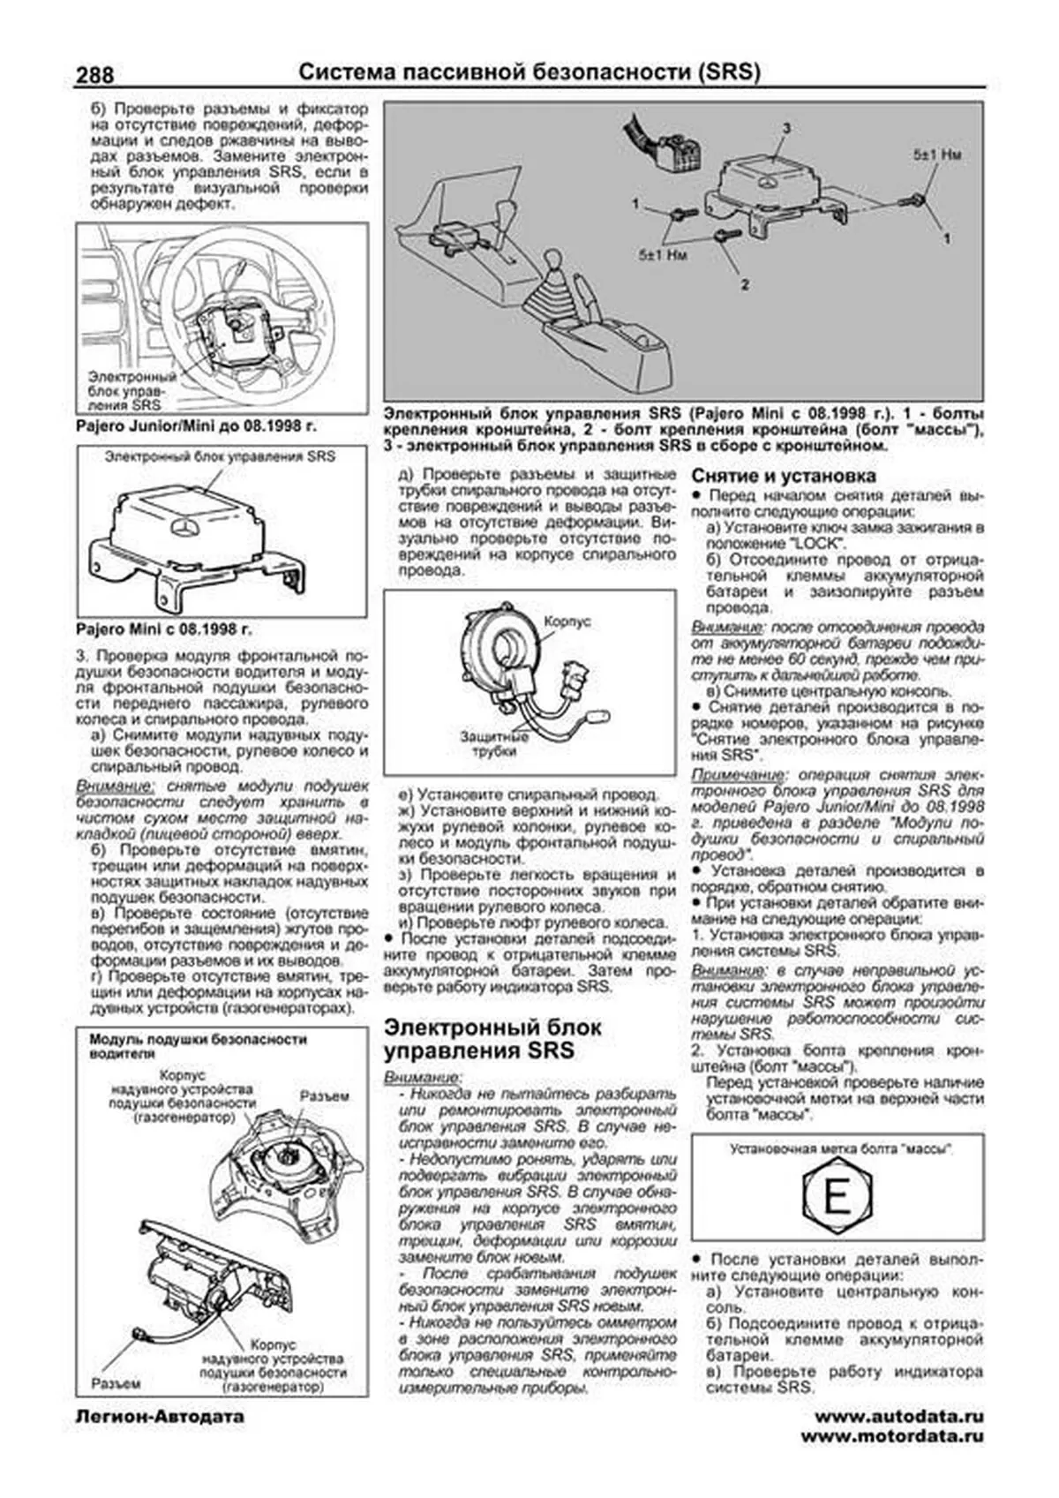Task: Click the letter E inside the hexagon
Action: tap(836, 1199)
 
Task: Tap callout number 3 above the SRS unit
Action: tap(785, 129)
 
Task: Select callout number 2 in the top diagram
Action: tap(745, 284)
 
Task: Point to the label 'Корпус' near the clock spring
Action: tap(567, 621)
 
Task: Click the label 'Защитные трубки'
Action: tap(493, 743)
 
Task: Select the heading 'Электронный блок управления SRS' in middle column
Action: tap(493, 1039)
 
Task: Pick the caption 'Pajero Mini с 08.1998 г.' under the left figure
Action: tap(163, 630)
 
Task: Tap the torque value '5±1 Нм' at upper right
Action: tap(936, 154)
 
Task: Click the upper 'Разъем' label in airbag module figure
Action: tap(324, 1095)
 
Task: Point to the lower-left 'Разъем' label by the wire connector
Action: tap(116, 1383)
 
